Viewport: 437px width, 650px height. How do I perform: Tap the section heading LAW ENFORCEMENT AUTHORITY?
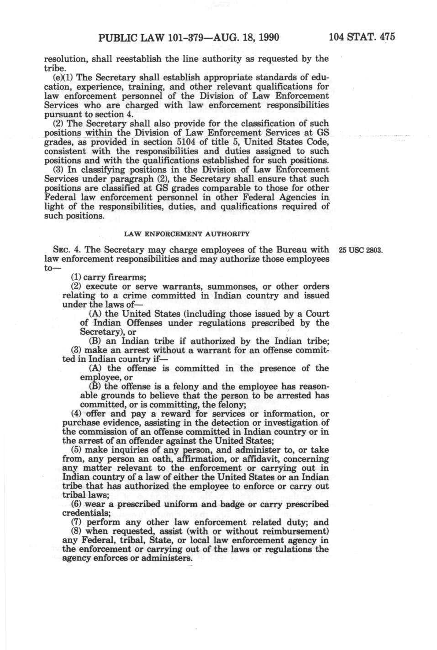pos(187,234)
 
